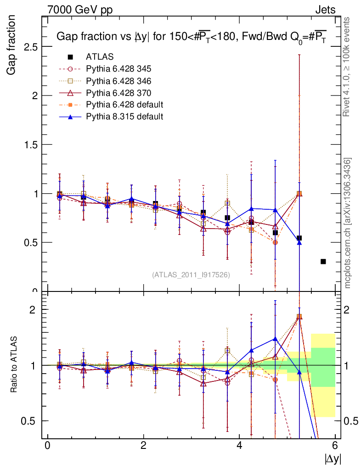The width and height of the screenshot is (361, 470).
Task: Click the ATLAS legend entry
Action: [100, 57]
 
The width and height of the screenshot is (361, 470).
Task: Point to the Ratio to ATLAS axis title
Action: [14, 365]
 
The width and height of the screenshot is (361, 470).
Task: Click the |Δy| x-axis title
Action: [333, 459]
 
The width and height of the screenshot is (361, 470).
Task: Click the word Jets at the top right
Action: [325, 9]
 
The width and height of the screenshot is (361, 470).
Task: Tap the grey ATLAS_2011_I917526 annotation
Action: [191, 274]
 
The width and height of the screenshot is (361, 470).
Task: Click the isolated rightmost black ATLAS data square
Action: [323, 262]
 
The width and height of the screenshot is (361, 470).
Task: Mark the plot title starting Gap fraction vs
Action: [191, 37]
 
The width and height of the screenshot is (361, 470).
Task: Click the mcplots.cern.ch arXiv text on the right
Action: [348, 223]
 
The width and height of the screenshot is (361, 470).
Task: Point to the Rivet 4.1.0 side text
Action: [348, 67]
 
